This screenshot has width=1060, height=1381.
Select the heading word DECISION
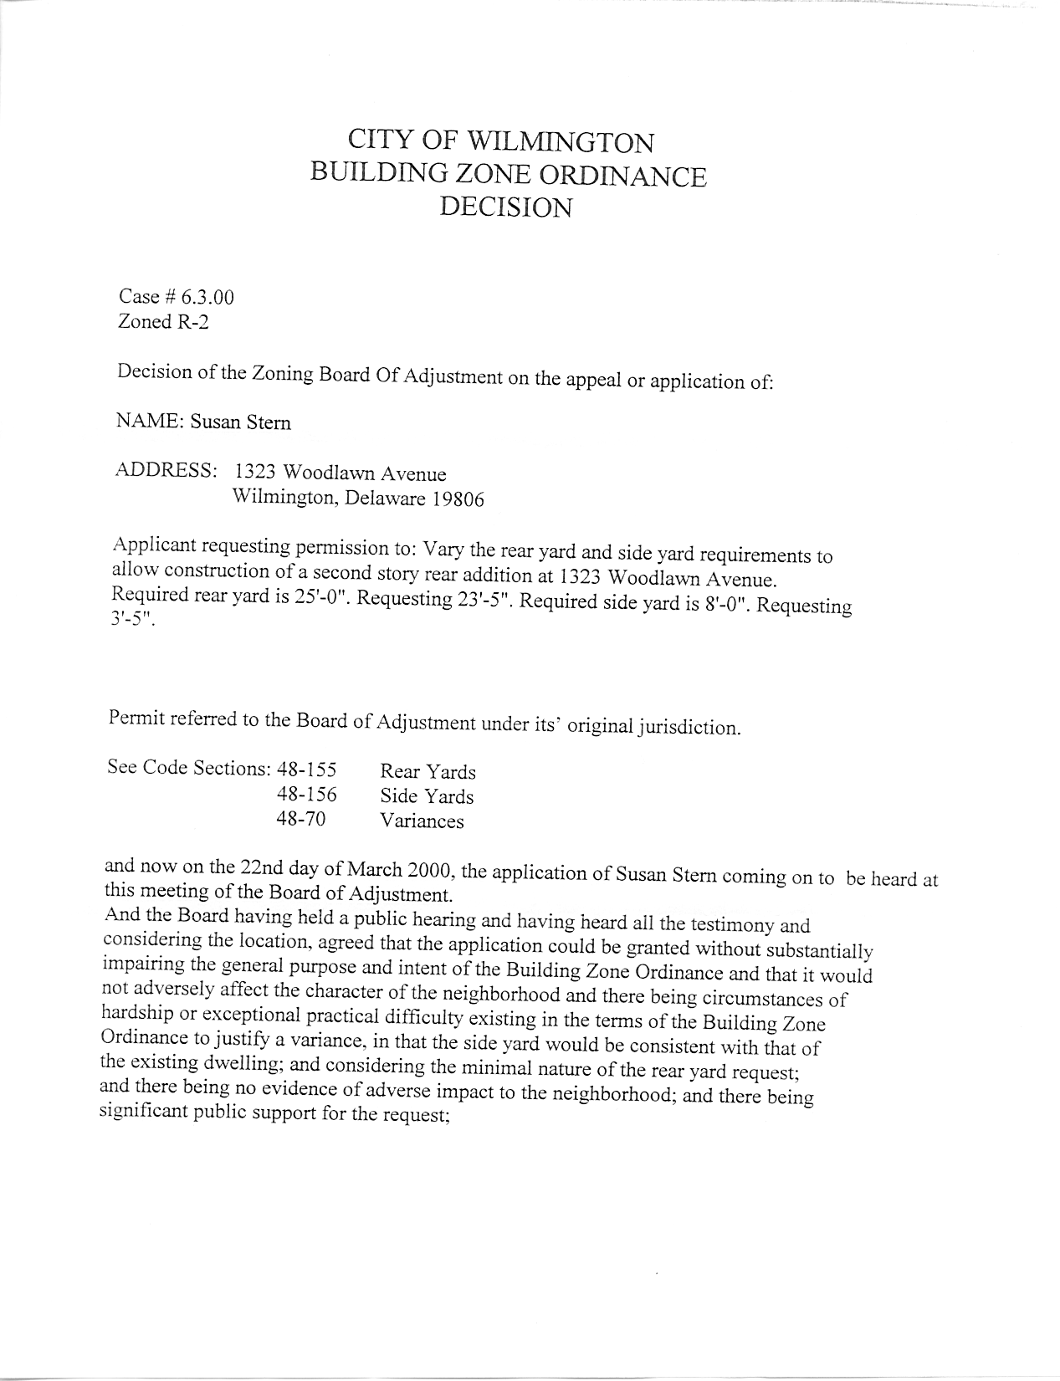coord(506,207)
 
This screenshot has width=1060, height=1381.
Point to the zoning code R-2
coord(192,322)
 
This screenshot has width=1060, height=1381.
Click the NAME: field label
coord(150,422)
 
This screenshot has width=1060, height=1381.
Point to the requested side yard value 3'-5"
coord(133,623)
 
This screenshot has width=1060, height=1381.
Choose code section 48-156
coord(306,794)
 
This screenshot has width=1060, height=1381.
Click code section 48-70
coord(300,819)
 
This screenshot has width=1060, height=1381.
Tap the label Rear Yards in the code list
coord(428,771)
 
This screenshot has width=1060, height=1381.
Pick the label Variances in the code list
coord(422,821)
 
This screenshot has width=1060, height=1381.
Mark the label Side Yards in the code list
coord(427,796)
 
